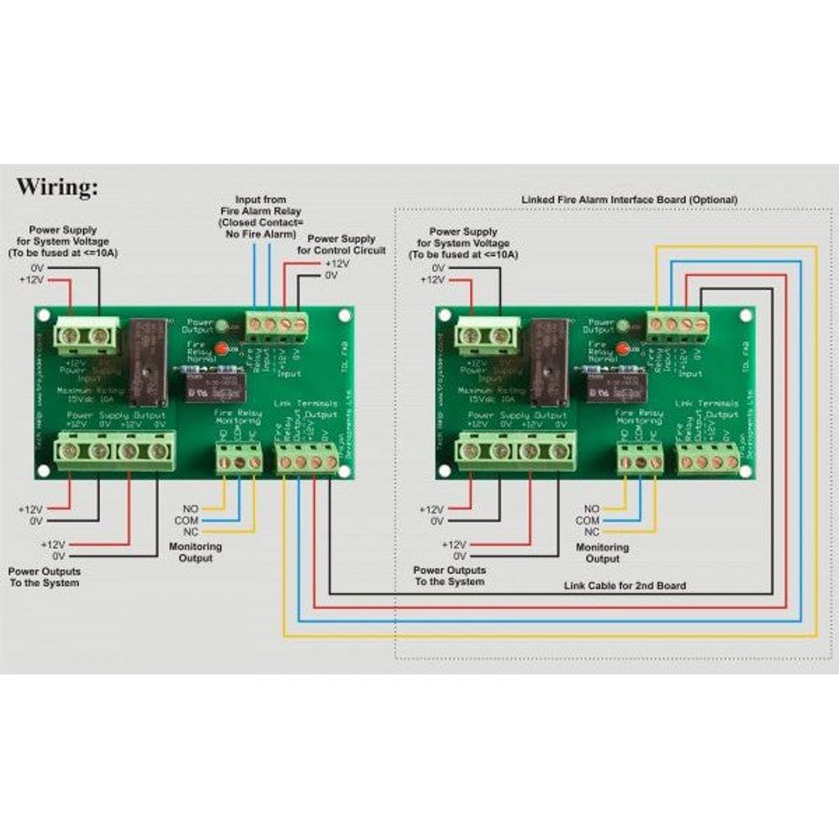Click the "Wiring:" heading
(x=57, y=186)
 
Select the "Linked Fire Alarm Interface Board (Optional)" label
(x=629, y=200)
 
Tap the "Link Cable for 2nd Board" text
(x=625, y=585)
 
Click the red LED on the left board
(x=222, y=347)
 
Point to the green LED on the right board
(x=623, y=324)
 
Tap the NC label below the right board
(x=591, y=532)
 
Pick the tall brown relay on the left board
(x=148, y=362)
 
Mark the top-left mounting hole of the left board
(x=44, y=316)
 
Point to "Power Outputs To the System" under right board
(x=449, y=576)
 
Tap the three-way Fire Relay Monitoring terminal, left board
(x=238, y=461)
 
